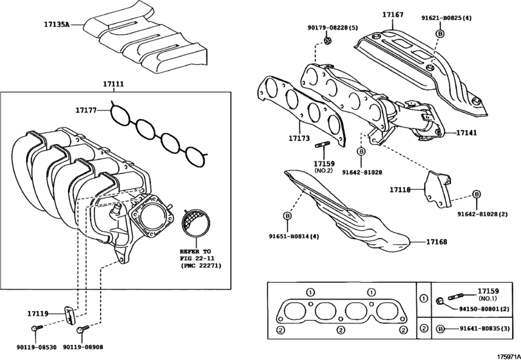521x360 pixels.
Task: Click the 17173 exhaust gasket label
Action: click(299, 138)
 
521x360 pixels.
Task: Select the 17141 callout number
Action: click(468, 132)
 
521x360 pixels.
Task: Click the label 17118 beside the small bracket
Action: click(400, 190)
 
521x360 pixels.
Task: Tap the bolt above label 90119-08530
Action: click(38, 327)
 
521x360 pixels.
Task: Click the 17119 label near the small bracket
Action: click(38, 313)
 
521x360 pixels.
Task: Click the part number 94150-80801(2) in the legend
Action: click(481, 309)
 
